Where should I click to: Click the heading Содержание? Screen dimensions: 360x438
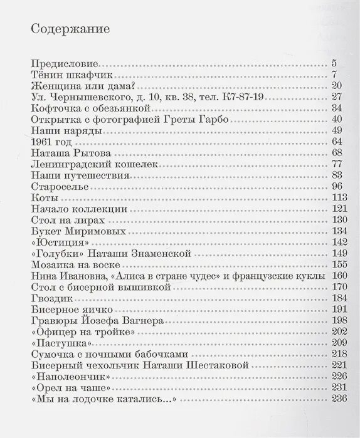[70, 29]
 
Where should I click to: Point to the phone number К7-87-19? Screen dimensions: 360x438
[255, 97]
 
